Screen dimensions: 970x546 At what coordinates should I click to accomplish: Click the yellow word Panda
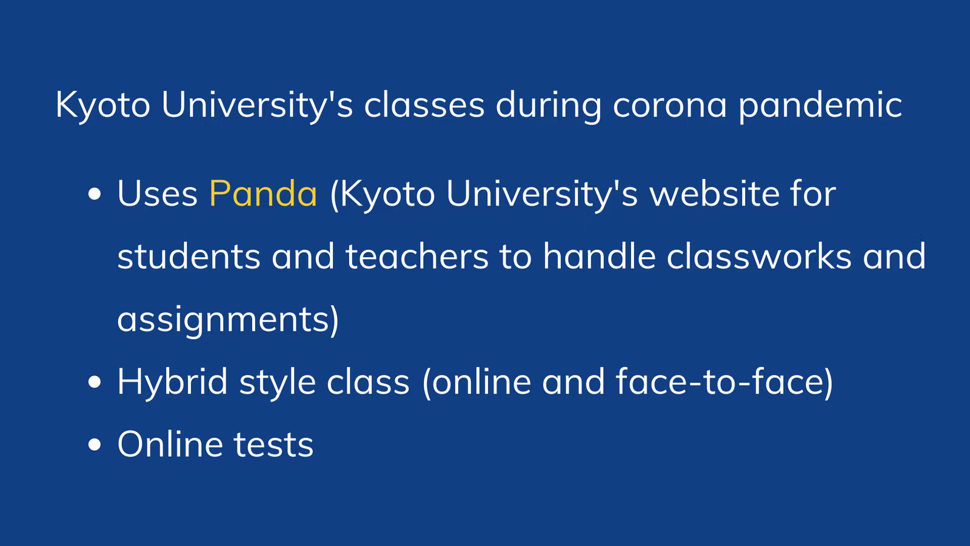[263, 194]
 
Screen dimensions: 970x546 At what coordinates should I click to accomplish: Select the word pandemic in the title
[820, 106]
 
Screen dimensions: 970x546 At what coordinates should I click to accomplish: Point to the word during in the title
[548, 106]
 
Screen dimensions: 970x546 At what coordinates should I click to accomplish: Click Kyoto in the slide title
[102, 106]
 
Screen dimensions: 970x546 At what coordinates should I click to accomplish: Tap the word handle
[600, 255]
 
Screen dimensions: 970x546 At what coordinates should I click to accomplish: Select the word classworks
[759, 255]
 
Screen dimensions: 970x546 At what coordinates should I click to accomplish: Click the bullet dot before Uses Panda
[95, 194]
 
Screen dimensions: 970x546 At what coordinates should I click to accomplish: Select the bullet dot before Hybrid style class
[95, 382]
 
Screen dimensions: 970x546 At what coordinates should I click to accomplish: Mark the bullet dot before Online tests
[95, 445]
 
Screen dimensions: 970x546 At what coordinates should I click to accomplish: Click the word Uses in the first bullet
[158, 194]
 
